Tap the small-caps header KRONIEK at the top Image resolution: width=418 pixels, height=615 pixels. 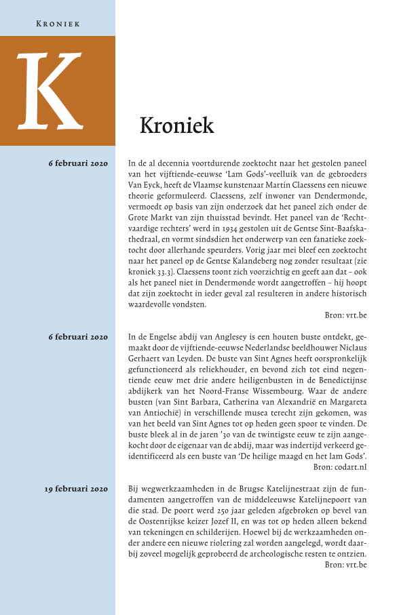coord(58,23)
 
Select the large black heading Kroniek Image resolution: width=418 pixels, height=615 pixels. coord(176,125)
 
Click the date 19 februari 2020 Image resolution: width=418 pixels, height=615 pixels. coord(77,488)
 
